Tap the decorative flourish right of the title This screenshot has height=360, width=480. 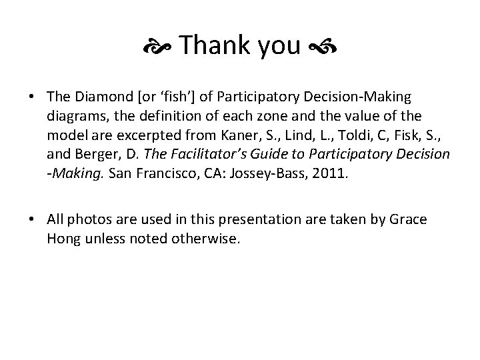(323, 47)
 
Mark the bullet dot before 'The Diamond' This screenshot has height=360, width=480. (32, 99)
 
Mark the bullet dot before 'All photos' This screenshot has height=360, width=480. (32, 221)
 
